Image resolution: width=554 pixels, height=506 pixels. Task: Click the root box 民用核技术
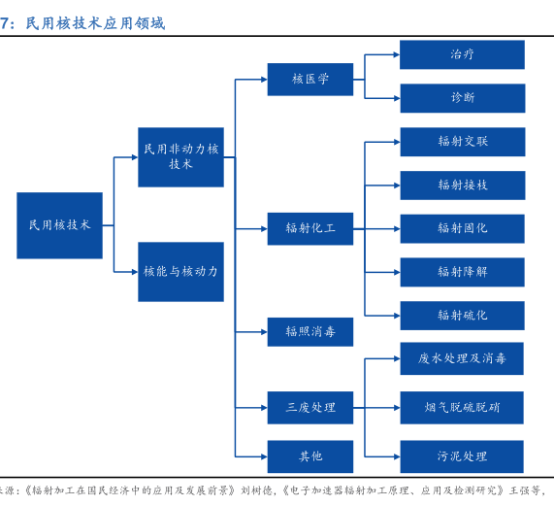(x=60, y=225)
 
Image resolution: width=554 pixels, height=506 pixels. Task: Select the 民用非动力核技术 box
(x=180, y=157)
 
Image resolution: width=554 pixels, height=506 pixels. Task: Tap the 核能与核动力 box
(x=180, y=272)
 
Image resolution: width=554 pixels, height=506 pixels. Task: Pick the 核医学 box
(x=310, y=80)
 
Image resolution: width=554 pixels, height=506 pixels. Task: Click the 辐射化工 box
(x=310, y=229)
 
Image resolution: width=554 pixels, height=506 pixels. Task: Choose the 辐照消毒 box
(x=310, y=332)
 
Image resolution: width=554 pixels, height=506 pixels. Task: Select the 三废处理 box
(x=310, y=408)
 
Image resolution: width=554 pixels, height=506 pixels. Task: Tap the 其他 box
(x=310, y=456)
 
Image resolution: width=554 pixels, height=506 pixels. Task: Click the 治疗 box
(x=462, y=54)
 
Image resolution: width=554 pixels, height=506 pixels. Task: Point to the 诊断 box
(x=463, y=98)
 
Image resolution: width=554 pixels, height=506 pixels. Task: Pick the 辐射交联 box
(x=463, y=142)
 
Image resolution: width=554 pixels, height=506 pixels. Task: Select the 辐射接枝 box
(x=463, y=186)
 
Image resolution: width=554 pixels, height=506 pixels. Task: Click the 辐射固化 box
(x=462, y=229)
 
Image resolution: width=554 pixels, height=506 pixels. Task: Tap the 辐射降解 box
(x=462, y=272)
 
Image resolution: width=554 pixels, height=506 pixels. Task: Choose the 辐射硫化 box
(x=462, y=316)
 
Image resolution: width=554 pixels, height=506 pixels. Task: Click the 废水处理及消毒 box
(x=462, y=358)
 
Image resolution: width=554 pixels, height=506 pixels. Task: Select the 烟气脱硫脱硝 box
(x=462, y=408)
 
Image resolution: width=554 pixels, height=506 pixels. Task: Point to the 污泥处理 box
(x=462, y=456)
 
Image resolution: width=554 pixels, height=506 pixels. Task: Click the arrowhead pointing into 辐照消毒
(x=264, y=332)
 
